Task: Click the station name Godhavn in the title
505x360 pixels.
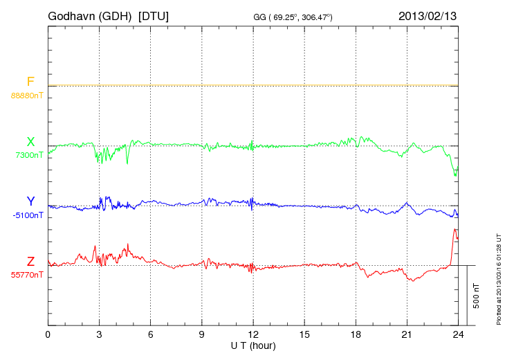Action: (72, 15)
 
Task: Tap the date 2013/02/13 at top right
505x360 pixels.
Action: (427, 15)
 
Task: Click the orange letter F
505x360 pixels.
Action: (30, 82)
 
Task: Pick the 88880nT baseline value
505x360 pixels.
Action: (27, 96)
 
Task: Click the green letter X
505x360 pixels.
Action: (30, 142)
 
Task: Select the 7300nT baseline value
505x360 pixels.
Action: (30, 155)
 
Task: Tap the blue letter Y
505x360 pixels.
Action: (30, 201)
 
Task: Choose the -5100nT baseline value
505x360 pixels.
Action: (28, 215)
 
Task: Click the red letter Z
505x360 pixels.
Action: (30, 262)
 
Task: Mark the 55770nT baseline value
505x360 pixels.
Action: (27, 276)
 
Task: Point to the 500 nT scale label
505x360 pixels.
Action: (477, 296)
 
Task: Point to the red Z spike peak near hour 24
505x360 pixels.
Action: (455, 229)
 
